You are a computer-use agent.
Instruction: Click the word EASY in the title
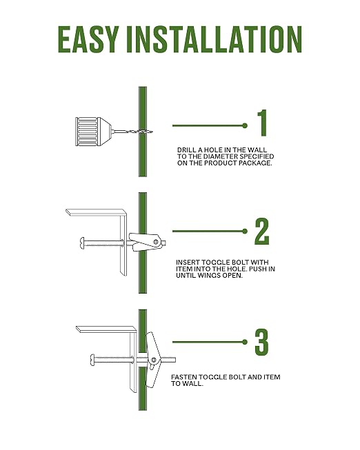(88, 39)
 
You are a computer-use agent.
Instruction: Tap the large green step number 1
(263, 123)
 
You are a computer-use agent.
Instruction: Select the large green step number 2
(262, 232)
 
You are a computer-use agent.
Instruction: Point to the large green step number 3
(261, 342)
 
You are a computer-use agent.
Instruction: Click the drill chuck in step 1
(93, 132)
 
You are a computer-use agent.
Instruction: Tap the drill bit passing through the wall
(132, 132)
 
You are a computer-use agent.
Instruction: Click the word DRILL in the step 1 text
(185, 150)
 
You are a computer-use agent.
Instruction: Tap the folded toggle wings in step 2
(146, 241)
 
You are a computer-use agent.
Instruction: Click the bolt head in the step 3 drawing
(92, 360)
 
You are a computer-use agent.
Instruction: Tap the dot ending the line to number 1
(245, 125)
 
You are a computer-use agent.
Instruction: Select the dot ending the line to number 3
(245, 342)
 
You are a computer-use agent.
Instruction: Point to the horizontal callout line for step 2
(210, 231)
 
